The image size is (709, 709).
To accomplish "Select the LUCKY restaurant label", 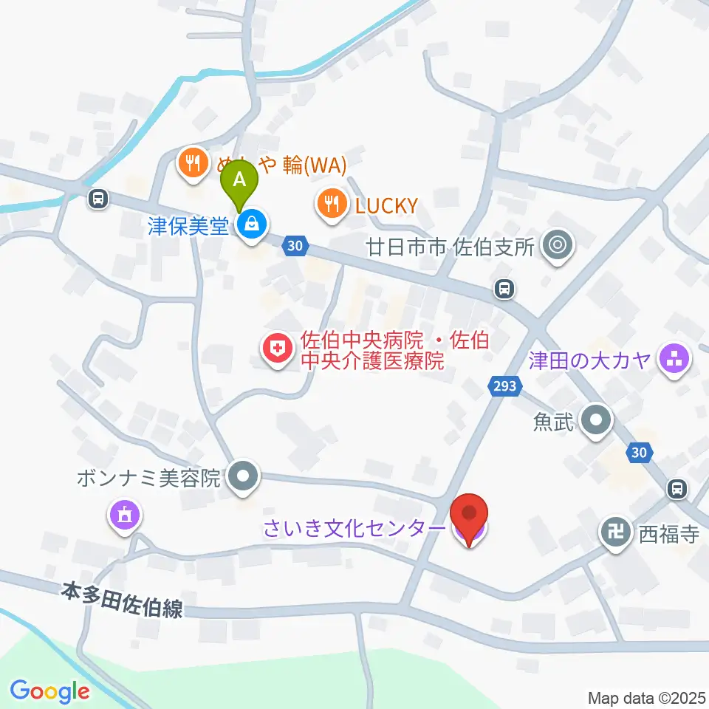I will coord(386,205).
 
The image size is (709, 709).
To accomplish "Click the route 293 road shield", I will coord(504,385).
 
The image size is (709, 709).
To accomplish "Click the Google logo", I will coord(49,691).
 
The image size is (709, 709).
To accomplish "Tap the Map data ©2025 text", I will coord(646,698).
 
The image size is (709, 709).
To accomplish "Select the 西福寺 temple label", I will coord(668,534).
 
